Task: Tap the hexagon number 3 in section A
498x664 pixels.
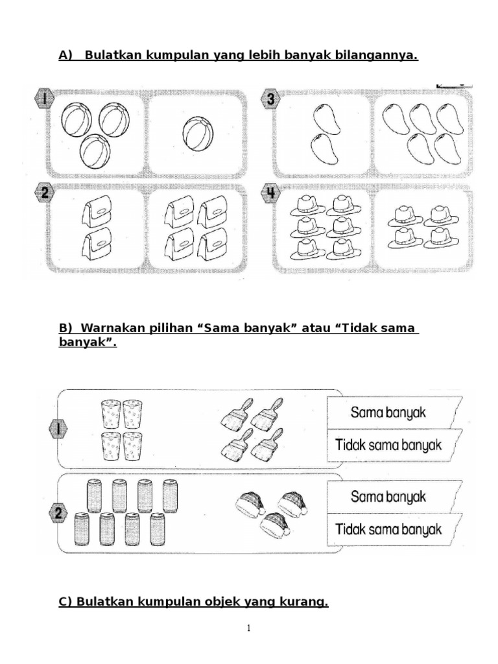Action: click(269, 99)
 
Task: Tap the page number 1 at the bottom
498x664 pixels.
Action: click(249, 628)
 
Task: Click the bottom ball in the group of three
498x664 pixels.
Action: click(95, 150)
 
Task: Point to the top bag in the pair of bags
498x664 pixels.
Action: click(97, 212)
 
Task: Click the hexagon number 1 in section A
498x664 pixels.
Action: click(43, 99)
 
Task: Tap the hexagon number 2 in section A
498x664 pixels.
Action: click(43, 193)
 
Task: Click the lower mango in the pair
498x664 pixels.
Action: click(325, 148)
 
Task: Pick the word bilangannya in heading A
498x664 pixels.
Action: click(375, 56)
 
